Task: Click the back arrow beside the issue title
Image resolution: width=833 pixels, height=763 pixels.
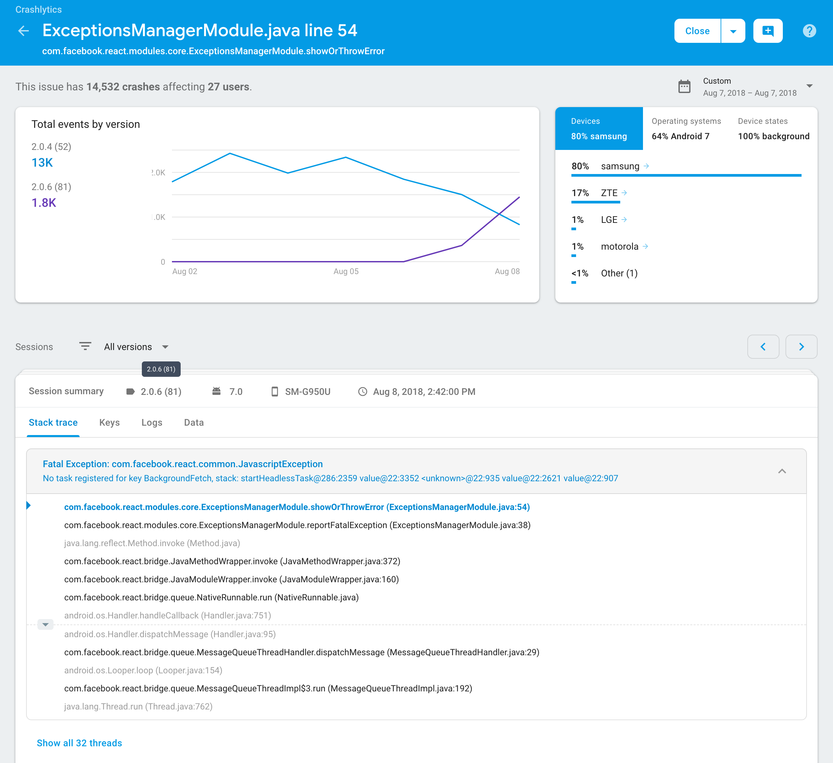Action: (x=23, y=30)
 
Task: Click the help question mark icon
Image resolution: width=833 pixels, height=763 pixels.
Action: (x=809, y=30)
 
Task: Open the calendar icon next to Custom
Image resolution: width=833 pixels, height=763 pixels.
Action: (x=684, y=87)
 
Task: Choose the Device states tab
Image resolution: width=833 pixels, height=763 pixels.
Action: (x=773, y=129)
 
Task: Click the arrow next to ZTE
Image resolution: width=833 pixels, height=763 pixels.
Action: (x=624, y=193)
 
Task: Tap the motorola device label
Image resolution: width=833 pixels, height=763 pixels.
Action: (x=619, y=247)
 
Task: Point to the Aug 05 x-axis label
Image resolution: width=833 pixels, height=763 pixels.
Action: (x=346, y=271)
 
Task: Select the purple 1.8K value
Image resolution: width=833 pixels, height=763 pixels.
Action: (x=44, y=203)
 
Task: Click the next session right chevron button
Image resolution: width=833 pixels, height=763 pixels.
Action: (x=801, y=347)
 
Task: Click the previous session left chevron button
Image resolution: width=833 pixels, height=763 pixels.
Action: (x=763, y=347)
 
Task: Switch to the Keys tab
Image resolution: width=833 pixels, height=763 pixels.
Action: (x=109, y=422)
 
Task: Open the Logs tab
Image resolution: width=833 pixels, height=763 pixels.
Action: (x=152, y=422)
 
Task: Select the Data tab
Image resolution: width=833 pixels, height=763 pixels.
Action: (x=194, y=422)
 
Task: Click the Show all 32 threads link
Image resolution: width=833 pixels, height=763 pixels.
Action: (x=79, y=743)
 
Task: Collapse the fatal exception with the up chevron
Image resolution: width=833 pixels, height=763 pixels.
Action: (x=782, y=471)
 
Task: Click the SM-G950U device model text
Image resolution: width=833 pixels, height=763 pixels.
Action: (x=307, y=392)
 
